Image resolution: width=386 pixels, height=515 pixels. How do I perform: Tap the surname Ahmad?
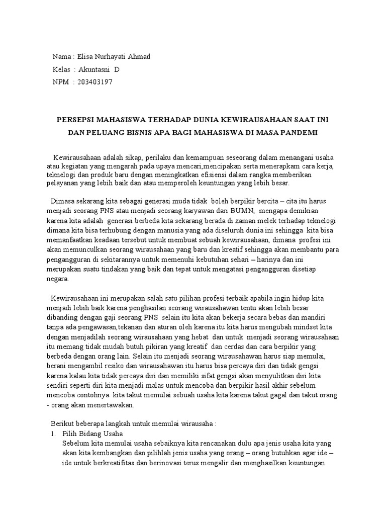click(139, 56)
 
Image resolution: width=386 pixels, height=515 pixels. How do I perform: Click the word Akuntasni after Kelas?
click(95, 69)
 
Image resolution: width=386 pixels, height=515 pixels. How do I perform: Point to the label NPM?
click(60, 82)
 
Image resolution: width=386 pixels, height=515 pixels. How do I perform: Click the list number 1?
click(53, 434)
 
